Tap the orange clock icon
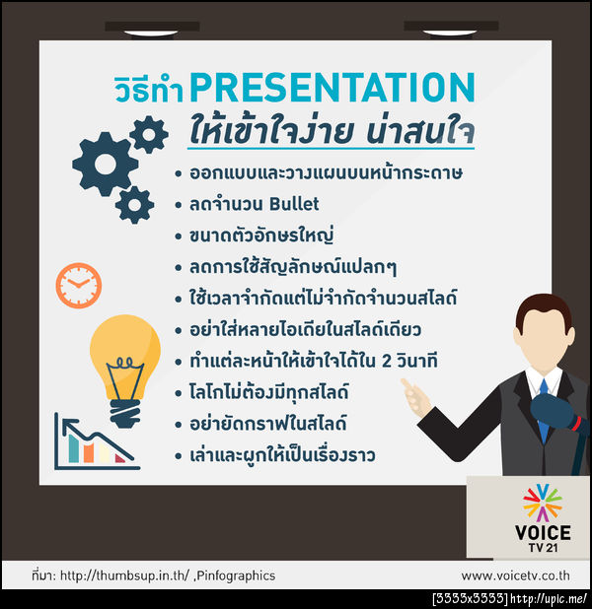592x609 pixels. click(x=78, y=284)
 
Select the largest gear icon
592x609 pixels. click(x=104, y=163)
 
